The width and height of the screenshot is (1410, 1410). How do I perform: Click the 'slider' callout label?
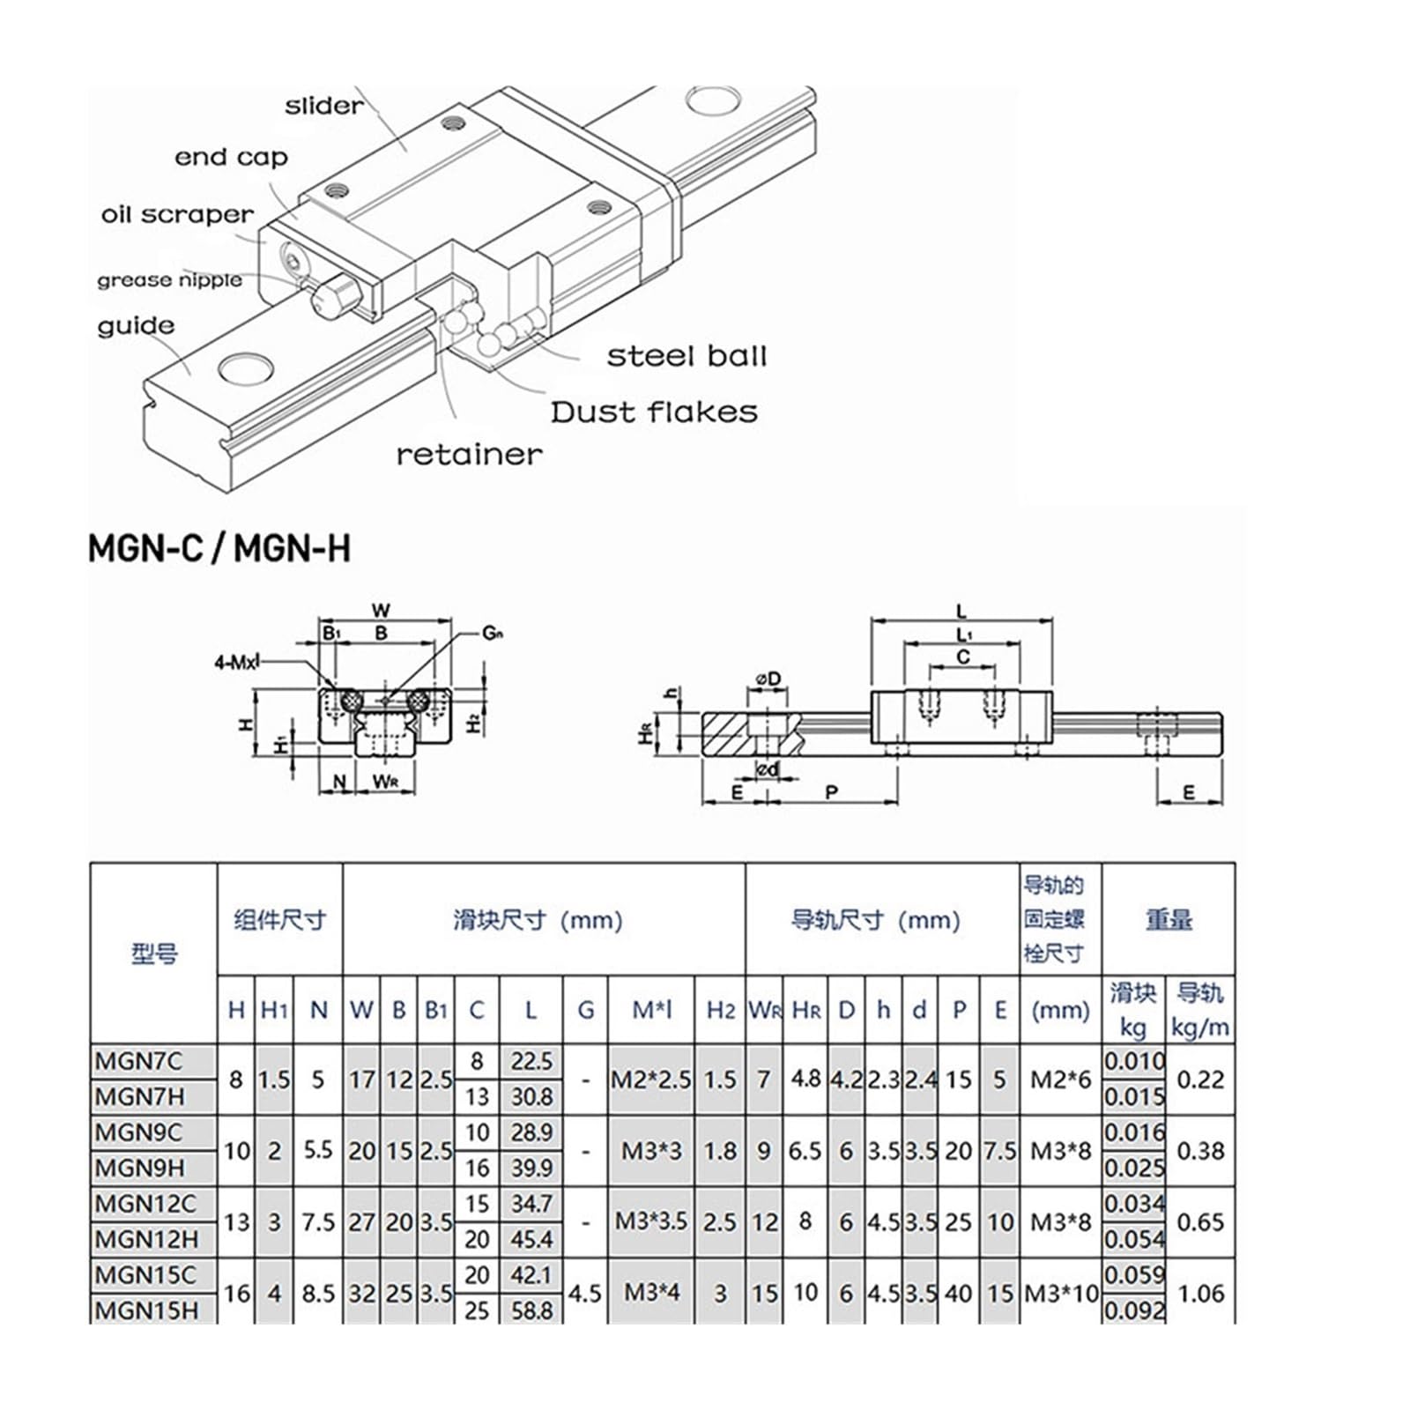(x=323, y=106)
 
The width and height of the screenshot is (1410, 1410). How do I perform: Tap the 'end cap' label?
(x=231, y=158)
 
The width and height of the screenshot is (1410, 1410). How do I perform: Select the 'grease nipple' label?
(x=169, y=280)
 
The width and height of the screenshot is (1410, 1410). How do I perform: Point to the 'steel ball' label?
(x=686, y=356)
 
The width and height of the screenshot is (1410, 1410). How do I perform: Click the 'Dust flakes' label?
(x=654, y=412)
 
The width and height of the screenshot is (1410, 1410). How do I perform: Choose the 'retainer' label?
(x=469, y=455)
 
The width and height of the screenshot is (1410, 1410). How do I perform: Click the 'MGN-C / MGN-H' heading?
(x=219, y=548)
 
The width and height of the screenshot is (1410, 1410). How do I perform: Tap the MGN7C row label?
(x=138, y=1061)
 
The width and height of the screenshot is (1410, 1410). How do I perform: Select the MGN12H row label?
(x=145, y=1239)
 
